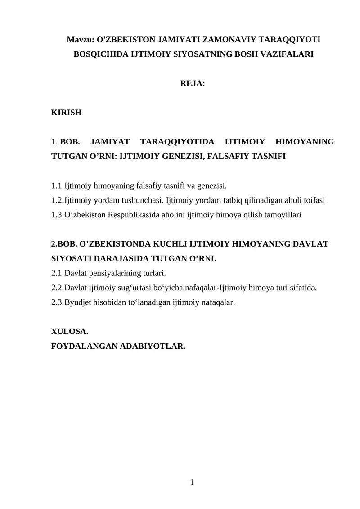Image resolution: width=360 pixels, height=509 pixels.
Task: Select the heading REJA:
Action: [x=192, y=83]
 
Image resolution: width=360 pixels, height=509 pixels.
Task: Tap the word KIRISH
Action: [x=67, y=113]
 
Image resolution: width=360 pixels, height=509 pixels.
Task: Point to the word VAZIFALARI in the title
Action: [x=284, y=54]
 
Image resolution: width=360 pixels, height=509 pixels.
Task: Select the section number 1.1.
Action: [x=58, y=186]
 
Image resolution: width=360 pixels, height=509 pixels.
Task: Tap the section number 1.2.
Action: [x=58, y=200]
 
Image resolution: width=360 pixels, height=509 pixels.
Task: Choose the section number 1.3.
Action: [x=58, y=215]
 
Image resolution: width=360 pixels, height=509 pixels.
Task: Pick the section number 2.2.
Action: [x=58, y=288]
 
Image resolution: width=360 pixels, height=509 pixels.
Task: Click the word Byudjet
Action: [x=78, y=302]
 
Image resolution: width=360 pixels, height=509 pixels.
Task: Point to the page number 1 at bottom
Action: [x=192, y=482]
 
